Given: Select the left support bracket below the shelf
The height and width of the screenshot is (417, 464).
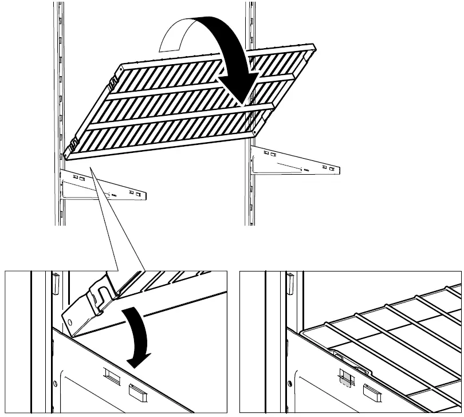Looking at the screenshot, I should tap(103, 186).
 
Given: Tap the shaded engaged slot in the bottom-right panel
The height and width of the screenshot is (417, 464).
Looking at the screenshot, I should tap(344, 379).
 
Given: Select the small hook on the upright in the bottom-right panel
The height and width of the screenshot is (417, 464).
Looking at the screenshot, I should tap(290, 281).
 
